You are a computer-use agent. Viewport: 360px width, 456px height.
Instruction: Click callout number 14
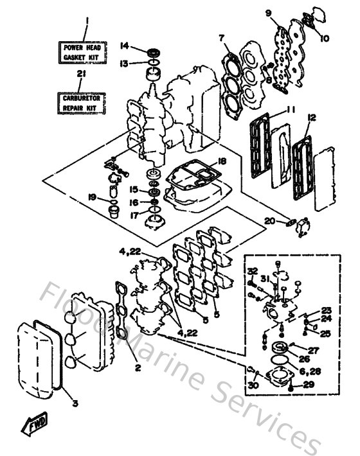click(125, 45)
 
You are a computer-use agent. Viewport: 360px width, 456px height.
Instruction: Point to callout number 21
click(80, 75)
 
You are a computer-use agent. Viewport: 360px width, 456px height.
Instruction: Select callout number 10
click(324, 39)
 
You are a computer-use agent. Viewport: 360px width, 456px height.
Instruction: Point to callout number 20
click(269, 222)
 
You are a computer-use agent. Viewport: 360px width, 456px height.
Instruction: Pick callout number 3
click(75, 404)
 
